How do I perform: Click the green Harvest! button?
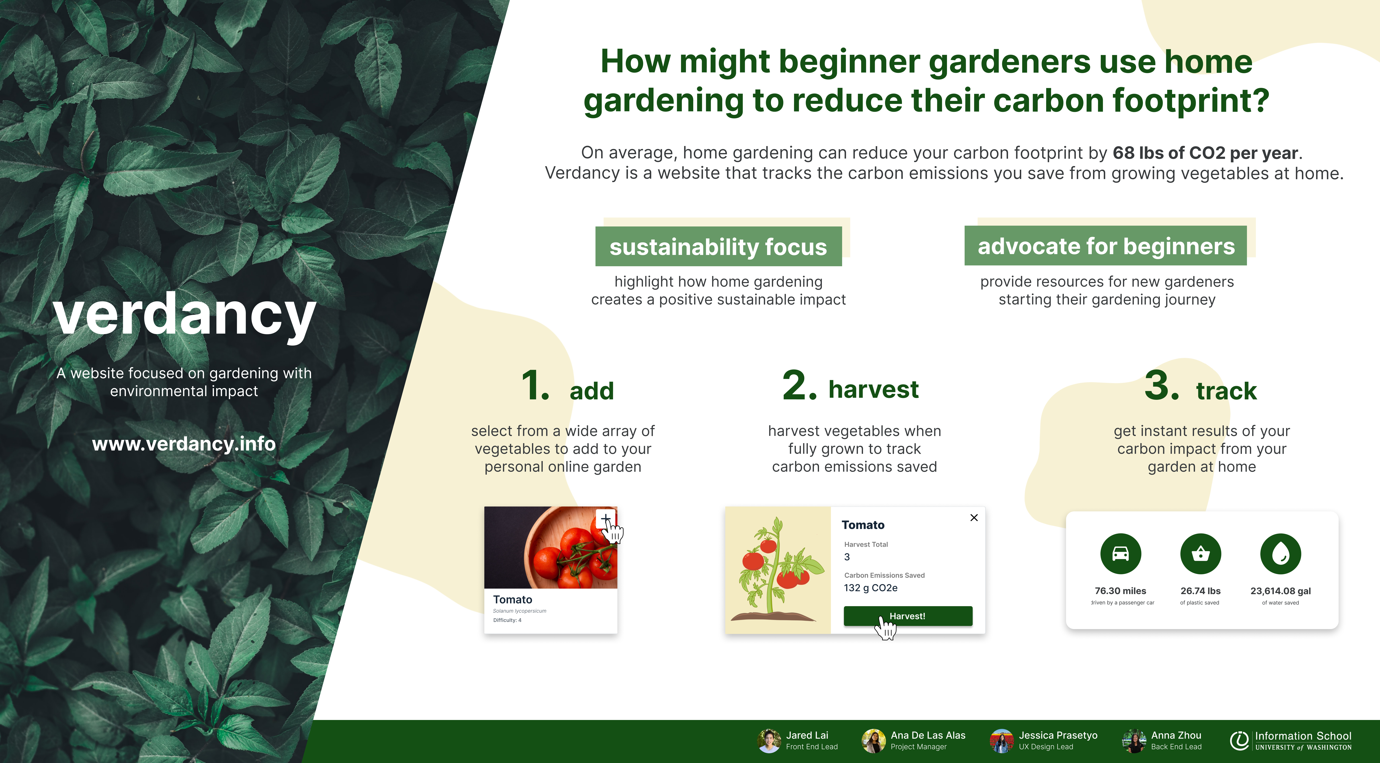click(907, 616)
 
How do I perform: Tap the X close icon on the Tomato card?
click(974, 518)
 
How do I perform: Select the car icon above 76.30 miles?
click(1120, 554)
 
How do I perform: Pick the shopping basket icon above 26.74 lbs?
click(1201, 554)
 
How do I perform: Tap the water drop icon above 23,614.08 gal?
click(1280, 554)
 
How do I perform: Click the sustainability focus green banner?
click(718, 247)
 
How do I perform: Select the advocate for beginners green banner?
click(1106, 246)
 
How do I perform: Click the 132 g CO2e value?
click(871, 588)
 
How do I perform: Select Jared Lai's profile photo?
click(769, 740)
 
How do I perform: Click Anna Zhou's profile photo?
click(1134, 740)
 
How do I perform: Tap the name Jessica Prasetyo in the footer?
click(1058, 735)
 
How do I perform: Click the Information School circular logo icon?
click(1239, 740)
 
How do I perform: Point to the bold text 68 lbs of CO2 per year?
click(1205, 153)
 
